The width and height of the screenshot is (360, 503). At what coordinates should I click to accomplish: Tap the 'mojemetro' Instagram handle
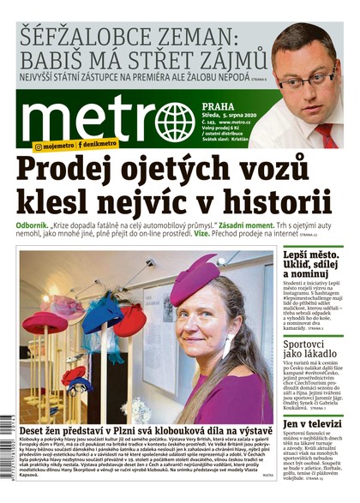click(55, 147)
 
